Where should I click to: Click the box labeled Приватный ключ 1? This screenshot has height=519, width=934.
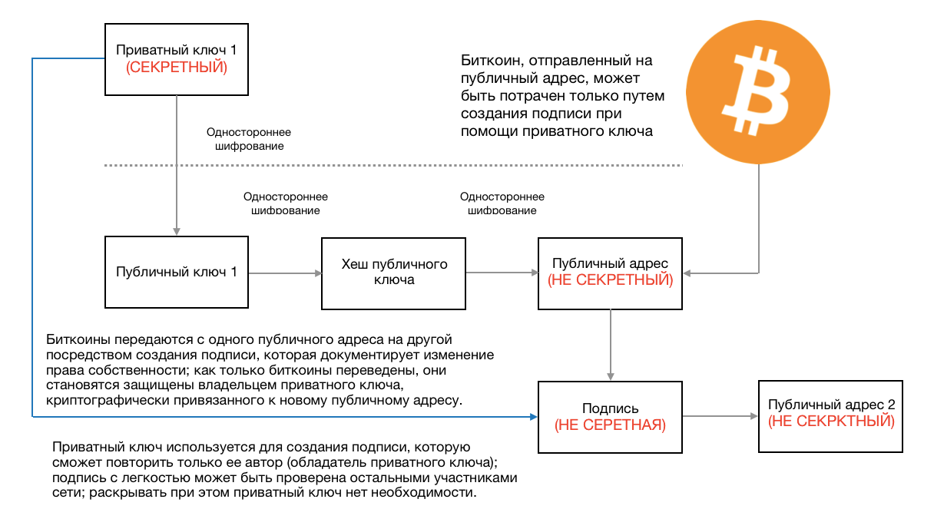click(x=177, y=58)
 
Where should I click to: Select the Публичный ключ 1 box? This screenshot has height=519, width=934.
click(x=177, y=272)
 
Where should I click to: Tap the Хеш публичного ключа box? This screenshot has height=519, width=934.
click(x=394, y=272)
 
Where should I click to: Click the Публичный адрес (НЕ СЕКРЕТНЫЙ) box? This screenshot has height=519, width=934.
click(x=610, y=272)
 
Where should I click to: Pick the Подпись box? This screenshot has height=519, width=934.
click(x=610, y=416)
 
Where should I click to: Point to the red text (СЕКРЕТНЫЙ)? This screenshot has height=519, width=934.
click(x=177, y=68)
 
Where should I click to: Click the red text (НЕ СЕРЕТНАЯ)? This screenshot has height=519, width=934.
click(x=610, y=425)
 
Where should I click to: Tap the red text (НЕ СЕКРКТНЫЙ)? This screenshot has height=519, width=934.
click(x=831, y=421)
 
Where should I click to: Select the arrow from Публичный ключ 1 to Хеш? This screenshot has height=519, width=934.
click(x=284, y=273)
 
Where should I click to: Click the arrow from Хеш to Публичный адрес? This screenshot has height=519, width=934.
click(x=502, y=273)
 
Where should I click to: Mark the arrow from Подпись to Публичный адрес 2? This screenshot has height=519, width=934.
click(x=720, y=416)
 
